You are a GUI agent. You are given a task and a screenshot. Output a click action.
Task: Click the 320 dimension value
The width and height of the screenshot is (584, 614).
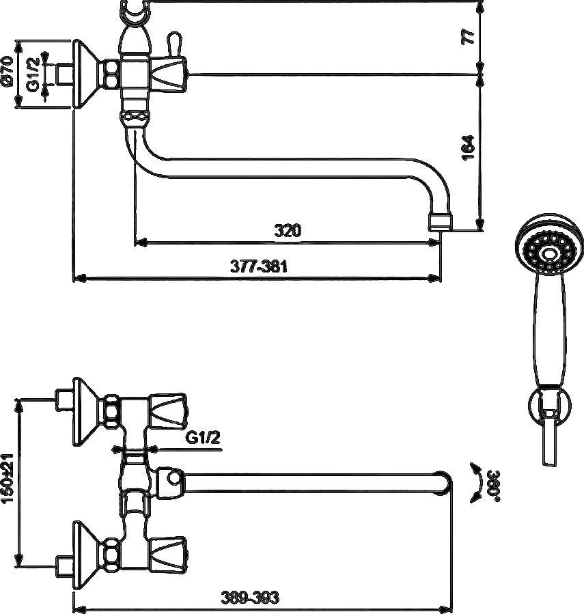pos(288,231)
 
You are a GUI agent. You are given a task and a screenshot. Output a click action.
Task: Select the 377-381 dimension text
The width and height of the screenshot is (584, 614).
pos(258,268)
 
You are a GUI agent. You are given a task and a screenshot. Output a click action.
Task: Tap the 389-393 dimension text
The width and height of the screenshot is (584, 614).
pos(250,598)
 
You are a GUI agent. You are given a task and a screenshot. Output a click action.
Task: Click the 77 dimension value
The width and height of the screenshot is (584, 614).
pos(468,36)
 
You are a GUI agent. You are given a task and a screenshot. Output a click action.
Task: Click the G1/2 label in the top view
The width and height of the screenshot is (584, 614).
pos(204,438)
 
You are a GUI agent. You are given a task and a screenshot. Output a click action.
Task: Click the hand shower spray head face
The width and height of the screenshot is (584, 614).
pos(547,251)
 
